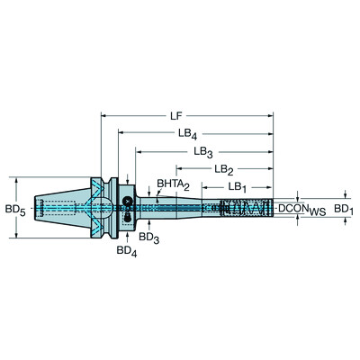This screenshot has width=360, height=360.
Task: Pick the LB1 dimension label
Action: click(238, 186)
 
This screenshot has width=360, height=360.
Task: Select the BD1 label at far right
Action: click(343, 208)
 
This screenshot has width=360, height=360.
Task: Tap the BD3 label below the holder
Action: click(148, 237)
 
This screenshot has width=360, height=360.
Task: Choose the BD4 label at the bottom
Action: click(128, 251)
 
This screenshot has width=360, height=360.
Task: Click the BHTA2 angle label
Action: click(173, 184)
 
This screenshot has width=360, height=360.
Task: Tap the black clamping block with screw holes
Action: click(128, 208)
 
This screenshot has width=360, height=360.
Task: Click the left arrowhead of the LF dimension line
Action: click(103, 115)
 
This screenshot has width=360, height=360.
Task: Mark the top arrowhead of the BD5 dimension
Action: click(17, 176)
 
